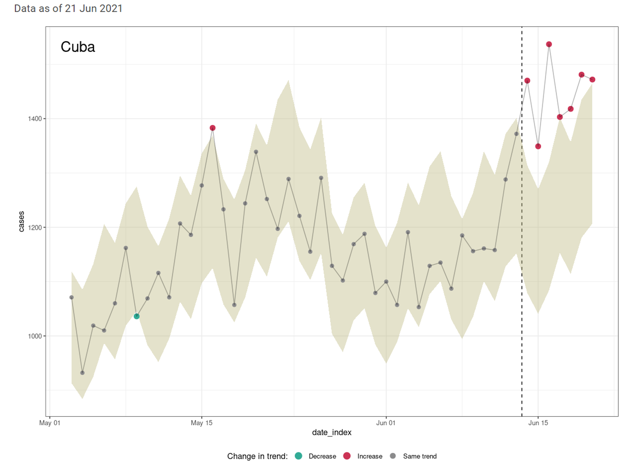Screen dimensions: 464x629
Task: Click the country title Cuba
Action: tap(78, 47)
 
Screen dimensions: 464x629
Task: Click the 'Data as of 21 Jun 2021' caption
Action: tap(68, 9)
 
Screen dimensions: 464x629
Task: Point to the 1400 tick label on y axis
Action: tap(35, 119)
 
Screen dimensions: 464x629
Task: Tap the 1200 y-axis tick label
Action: tap(35, 228)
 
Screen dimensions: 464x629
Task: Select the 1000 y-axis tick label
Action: tap(35, 336)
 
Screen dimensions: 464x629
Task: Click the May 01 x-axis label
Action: tap(50, 423)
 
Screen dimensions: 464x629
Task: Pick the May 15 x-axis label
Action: tap(202, 423)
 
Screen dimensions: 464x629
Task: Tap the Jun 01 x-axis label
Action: tap(386, 423)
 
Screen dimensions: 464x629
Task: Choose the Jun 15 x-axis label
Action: tap(538, 423)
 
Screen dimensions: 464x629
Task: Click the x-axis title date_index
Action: tap(331, 433)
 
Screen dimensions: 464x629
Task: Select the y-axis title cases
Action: tap(21, 221)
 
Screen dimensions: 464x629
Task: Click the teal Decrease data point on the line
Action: tap(136, 316)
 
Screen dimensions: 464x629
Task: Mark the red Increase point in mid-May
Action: tap(213, 128)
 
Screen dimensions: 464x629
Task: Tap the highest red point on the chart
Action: tap(549, 44)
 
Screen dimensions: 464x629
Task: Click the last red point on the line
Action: tap(592, 80)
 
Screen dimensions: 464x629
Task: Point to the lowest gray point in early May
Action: tap(82, 373)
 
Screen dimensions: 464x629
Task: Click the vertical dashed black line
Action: tap(522, 247)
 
